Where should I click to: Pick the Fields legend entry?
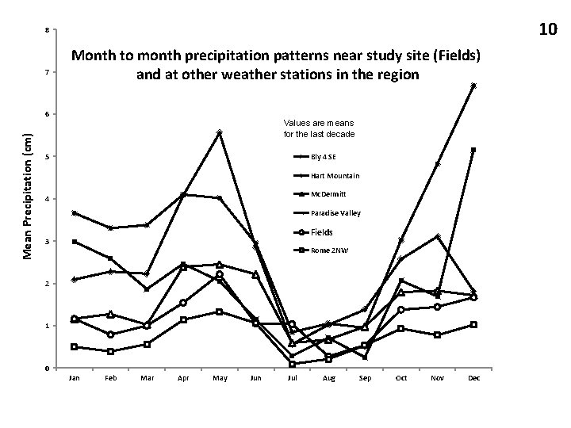tap(321, 232)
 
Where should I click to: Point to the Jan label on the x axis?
tap(75, 378)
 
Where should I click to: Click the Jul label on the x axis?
tap(293, 378)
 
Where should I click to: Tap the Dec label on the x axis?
tap(474, 378)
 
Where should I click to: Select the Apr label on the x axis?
tap(183, 378)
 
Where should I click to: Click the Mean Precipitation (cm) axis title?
tap(26, 194)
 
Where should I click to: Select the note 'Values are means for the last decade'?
tap(319, 128)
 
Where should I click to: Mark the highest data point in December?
tap(473, 86)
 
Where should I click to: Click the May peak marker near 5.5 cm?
tap(220, 132)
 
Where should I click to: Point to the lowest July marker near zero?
tap(293, 364)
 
